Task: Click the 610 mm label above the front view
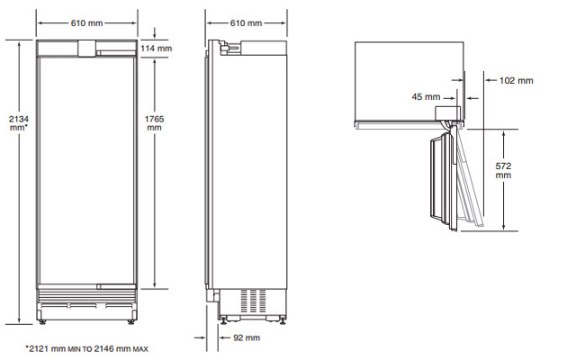86,23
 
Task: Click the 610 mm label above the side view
246,23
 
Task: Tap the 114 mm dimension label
157,49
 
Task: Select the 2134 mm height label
19,123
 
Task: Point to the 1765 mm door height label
155,123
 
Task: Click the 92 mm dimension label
247,338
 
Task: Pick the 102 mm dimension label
517,81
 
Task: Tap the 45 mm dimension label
426,97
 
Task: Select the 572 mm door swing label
503,170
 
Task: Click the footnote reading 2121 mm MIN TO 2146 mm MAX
86,349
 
